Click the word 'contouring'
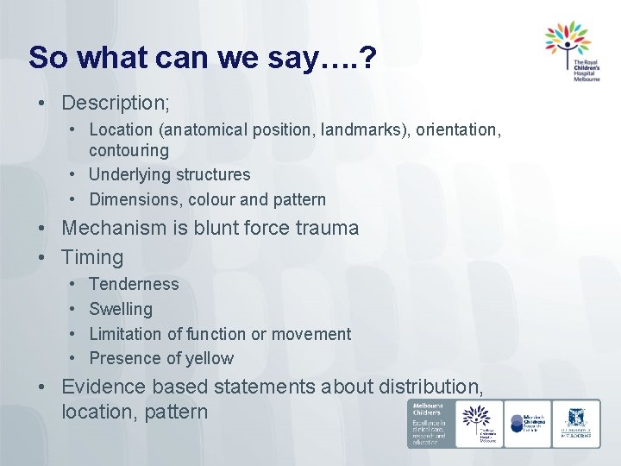point(129,150)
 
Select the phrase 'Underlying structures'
point(170,174)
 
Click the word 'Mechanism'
point(117,229)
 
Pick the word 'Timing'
point(92,257)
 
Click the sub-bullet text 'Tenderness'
point(134,284)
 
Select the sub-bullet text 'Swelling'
point(121,309)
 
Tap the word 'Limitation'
point(126,333)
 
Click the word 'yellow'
point(210,358)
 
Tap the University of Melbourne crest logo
point(576,423)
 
